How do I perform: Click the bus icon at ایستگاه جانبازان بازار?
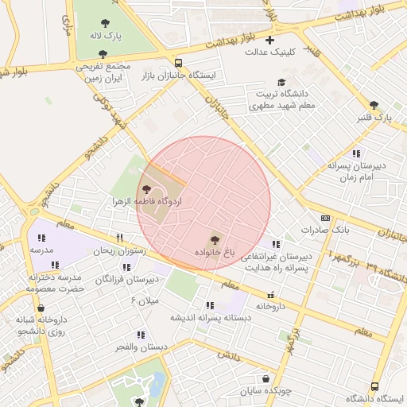pyautogui.click(x=178, y=62)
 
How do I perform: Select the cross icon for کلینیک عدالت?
pyautogui.click(x=270, y=40)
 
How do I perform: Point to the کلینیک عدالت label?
pyautogui.click(x=269, y=53)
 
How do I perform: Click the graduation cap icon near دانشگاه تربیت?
pyautogui.click(x=281, y=82)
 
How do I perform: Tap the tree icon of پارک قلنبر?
pyautogui.click(x=374, y=104)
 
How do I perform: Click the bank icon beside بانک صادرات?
pyautogui.click(x=325, y=217)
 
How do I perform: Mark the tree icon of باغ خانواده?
pyautogui.click(x=214, y=238)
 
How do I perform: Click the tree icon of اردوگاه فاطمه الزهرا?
pyautogui.click(x=146, y=188)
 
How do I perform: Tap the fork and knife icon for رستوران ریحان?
pyautogui.click(x=119, y=238)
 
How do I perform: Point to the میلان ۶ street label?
pyautogui.click(x=145, y=300)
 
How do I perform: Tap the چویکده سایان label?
pyautogui.click(x=266, y=392)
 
